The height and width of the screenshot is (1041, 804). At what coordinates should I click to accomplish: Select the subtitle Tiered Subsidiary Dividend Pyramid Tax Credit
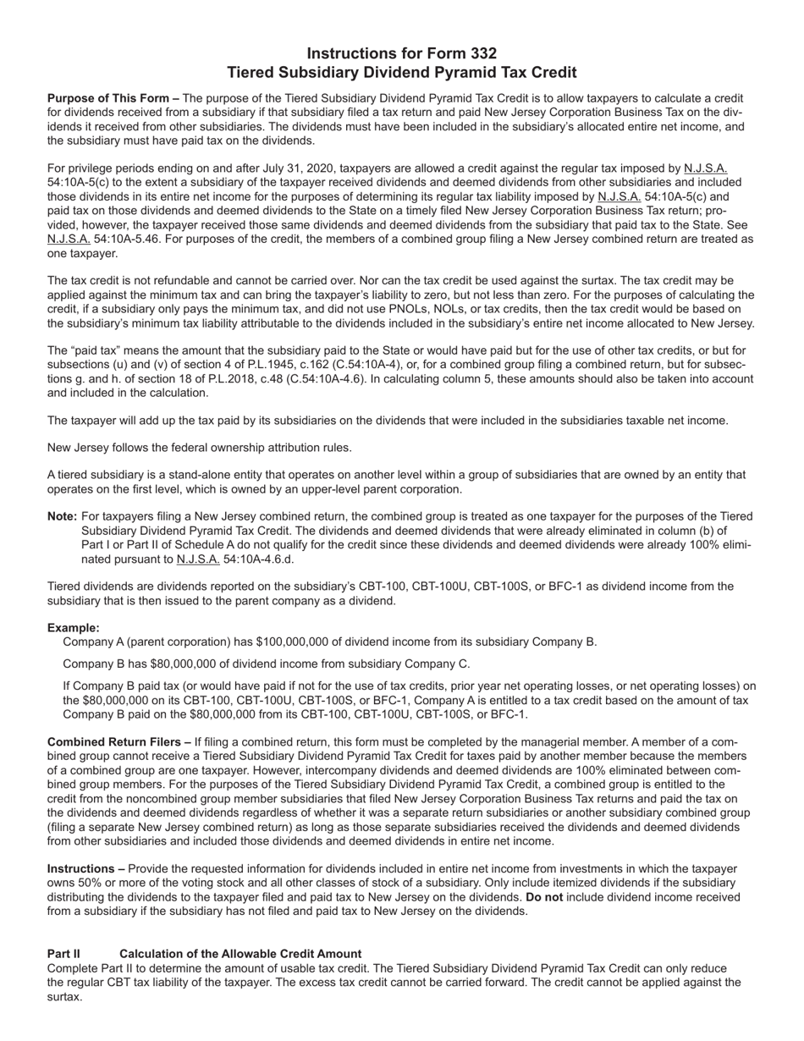(x=402, y=73)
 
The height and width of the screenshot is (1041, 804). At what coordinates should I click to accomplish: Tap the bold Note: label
(x=63, y=516)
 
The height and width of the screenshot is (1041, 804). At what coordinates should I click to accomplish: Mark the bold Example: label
(x=74, y=628)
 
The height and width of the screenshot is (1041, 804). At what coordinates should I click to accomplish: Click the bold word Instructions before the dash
(x=80, y=869)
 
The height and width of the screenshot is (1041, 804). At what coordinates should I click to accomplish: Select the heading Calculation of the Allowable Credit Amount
(x=240, y=954)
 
